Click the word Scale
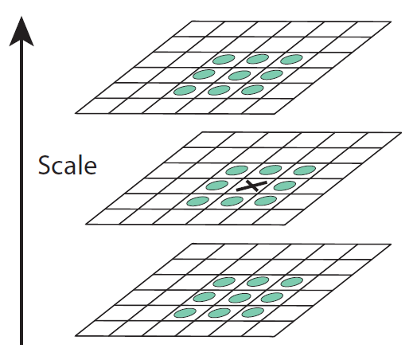[68, 165]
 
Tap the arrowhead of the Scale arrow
[21, 32]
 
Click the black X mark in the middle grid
[251, 186]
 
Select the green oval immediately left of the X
[217, 185]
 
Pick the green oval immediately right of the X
[285, 186]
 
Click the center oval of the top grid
[240, 76]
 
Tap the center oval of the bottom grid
[240, 298]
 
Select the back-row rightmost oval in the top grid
[291, 59]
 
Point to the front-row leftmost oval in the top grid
[185, 90]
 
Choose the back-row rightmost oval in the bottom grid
[291, 282]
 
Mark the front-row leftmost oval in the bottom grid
[185, 313]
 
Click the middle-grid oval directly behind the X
[271, 170]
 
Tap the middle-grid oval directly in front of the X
[232, 202]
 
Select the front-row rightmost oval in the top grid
[252, 90]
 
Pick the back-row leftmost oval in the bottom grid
[224, 282]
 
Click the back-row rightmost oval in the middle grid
[305, 170]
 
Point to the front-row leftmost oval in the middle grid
[197, 202]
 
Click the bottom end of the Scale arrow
[21, 344]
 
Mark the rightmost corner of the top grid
[391, 22]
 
